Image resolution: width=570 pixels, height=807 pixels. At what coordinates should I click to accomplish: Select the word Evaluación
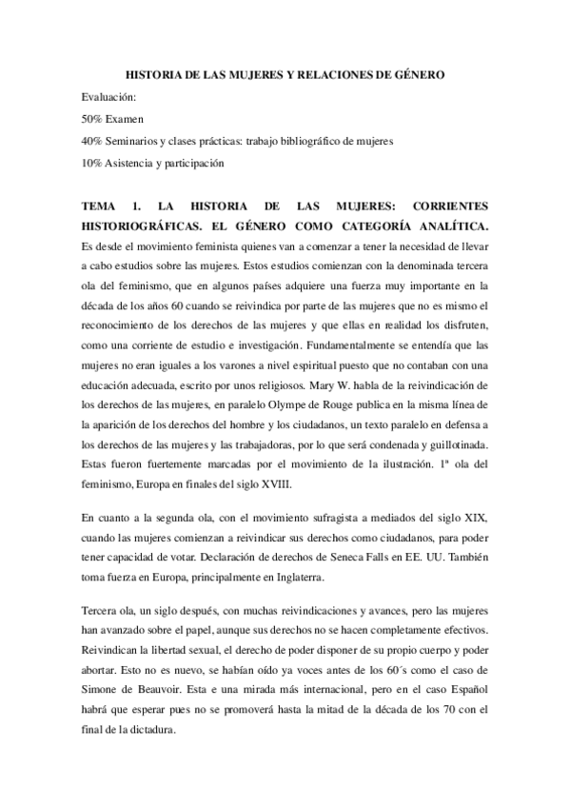[110, 98]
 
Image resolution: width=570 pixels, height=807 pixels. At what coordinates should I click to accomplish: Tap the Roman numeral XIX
[476, 517]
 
